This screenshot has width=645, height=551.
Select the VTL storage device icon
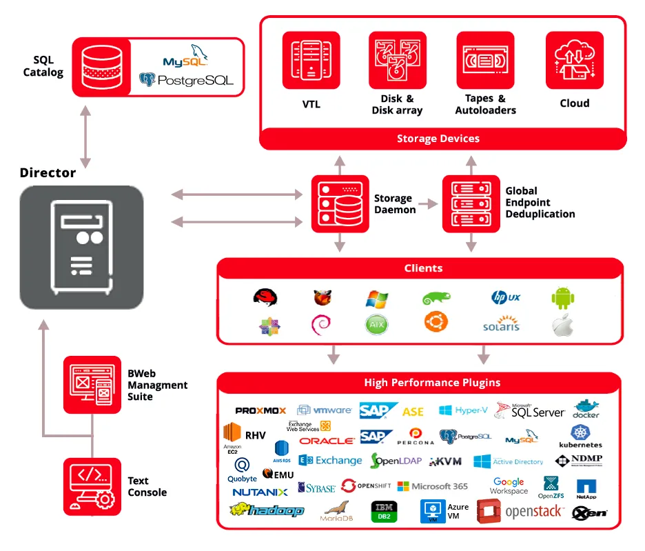pos(311,60)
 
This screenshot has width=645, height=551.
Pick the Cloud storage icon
pos(575,60)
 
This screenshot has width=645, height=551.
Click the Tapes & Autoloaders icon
pos(485,60)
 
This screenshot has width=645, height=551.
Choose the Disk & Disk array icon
pos(397,60)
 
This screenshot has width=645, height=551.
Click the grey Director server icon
pos(81,246)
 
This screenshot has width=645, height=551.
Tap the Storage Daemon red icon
pos(340,203)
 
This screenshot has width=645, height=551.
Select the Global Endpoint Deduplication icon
pos(471,203)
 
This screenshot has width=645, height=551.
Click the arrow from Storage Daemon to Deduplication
pos(428,204)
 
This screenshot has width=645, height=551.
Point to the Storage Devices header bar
pos(438,139)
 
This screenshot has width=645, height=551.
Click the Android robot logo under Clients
pos(562,298)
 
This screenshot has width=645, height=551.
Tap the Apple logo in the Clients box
pos(562,325)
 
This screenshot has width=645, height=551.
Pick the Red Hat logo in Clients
pos(265,298)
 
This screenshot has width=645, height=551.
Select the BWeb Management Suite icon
pos(92,385)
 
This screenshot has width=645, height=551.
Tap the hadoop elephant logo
pos(267,510)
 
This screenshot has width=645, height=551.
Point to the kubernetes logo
pos(580,436)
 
